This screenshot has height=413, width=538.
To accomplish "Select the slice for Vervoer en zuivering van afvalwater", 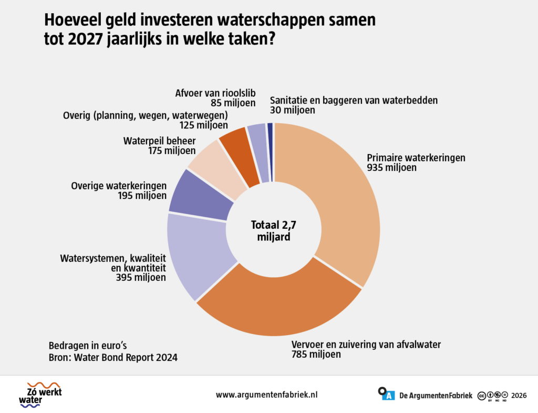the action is [x=278, y=309].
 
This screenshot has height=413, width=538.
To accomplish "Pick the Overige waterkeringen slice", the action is [x=199, y=196].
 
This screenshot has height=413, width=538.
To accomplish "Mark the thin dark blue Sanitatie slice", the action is [x=270, y=151].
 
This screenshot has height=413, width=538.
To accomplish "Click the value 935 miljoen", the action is [x=391, y=168].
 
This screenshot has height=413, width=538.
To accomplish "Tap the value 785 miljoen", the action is [x=316, y=354].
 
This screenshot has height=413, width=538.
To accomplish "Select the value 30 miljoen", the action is [x=292, y=110].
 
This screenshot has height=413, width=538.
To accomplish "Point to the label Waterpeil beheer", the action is [x=160, y=141].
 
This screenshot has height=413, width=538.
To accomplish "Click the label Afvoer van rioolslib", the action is [x=215, y=93].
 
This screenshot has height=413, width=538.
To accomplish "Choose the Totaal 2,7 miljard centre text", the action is [x=273, y=230].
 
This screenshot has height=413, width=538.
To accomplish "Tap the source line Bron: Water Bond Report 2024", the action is [x=113, y=358].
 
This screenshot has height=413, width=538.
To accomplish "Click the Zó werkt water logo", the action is [x=40, y=395].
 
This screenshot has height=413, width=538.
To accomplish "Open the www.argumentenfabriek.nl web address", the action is [x=266, y=395].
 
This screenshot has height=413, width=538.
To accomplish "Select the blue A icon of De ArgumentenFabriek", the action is [x=389, y=396].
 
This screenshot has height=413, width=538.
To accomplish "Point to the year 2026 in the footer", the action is [x=519, y=396].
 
